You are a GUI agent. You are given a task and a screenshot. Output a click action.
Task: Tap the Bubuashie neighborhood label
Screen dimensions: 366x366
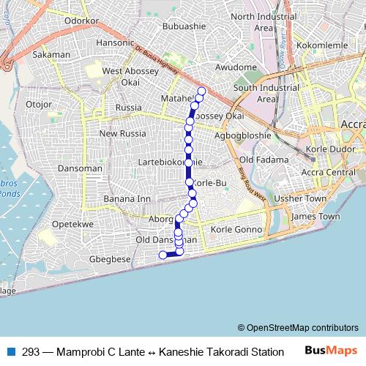(186, 26)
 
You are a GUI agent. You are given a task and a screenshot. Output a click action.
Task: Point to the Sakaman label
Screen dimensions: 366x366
(52, 54)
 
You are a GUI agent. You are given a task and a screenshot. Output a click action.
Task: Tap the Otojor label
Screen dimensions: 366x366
(39, 105)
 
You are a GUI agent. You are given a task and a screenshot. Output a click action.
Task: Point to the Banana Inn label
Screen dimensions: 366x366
(127, 198)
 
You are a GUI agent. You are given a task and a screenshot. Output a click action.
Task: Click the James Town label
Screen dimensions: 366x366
(315, 217)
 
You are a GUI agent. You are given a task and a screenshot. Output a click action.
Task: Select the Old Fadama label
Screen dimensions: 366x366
(261, 159)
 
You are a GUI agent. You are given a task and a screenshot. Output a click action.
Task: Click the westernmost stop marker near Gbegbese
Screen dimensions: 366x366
(163, 255)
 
